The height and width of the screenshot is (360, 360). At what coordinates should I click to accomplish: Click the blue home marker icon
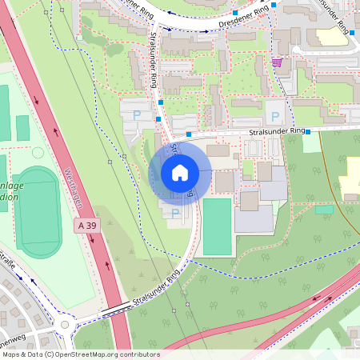click(x=180, y=172)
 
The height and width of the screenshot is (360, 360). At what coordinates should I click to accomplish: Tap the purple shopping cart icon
click(x=277, y=62)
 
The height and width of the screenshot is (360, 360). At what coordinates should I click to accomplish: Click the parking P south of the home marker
click(x=175, y=213)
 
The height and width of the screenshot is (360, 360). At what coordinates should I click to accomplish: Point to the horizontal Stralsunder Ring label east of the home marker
click(x=276, y=130)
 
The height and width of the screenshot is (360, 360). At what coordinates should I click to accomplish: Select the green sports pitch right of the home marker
click(x=217, y=226)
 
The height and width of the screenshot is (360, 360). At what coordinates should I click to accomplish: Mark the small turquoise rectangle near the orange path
click(x=324, y=210)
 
